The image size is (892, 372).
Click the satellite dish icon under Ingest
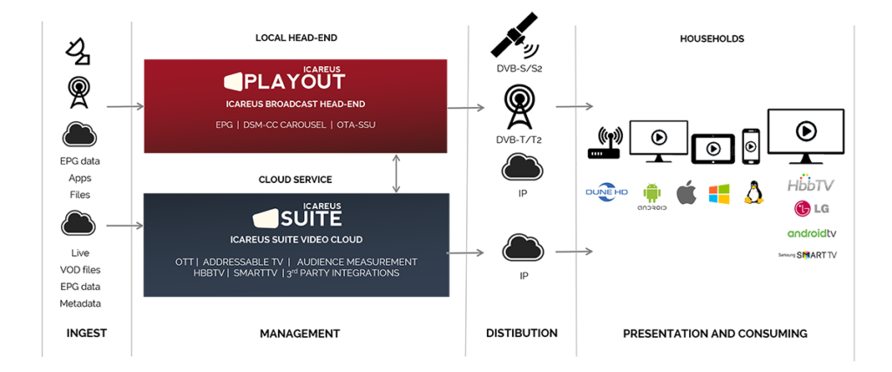tap(78, 52)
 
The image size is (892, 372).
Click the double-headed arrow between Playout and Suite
tap(397, 172)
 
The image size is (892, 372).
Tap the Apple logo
tap(686, 193)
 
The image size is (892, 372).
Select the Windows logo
tap(718, 193)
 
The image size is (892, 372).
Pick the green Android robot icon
tap(652, 193)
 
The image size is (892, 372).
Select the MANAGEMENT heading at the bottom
tap(299, 334)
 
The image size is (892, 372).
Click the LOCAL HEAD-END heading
tap(296, 38)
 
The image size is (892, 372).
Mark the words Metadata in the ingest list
tap(79, 303)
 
